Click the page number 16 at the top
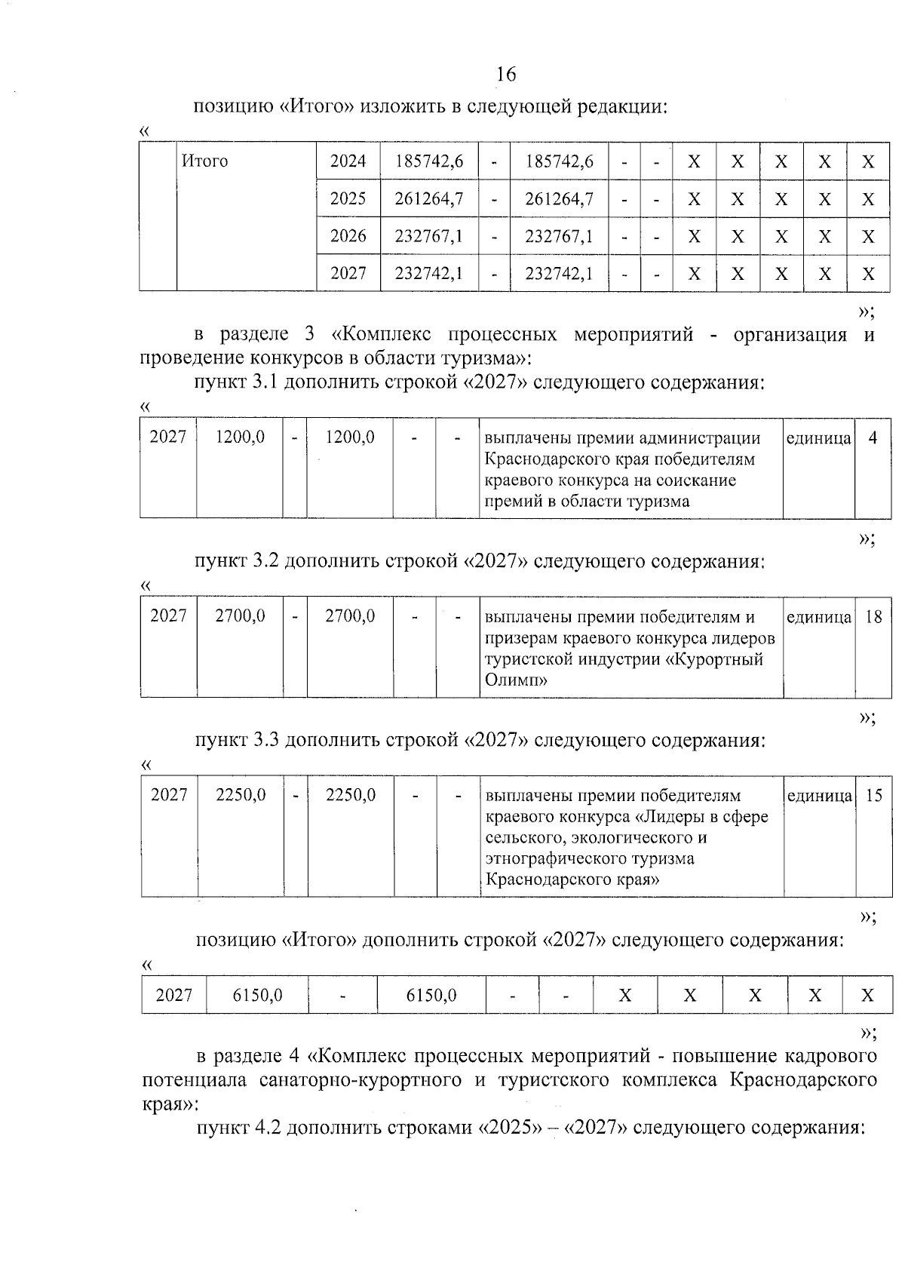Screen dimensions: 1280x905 [506, 74]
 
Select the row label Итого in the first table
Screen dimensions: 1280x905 [205, 161]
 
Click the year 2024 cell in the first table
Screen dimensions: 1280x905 [348, 161]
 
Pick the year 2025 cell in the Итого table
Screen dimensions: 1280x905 [348, 198]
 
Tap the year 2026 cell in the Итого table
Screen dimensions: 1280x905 [348, 236]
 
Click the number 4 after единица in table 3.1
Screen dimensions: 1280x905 [873, 437]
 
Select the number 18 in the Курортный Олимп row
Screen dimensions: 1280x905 [873, 616]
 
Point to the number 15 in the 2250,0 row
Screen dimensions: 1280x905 [873, 795]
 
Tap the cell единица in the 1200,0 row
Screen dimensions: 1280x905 [818, 438]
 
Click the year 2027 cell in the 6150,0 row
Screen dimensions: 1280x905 [173, 996]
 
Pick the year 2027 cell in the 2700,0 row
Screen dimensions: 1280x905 [168, 616]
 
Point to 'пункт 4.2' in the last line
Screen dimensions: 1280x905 [238, 1128]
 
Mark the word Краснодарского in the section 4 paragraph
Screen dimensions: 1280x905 [802, 1079]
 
